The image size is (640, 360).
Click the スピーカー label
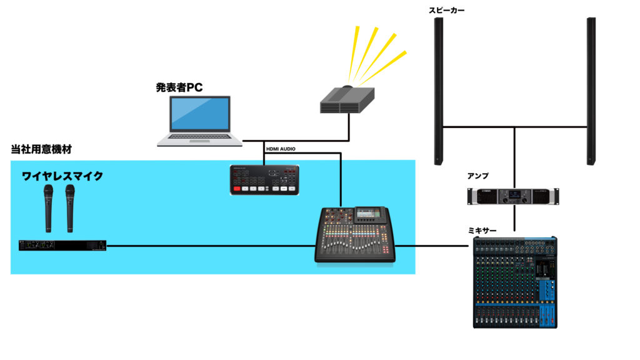[x=447, y=10]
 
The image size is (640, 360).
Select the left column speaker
[x=439, y=91]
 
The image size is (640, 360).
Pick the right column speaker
[x=590, y=91]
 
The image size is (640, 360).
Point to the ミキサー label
[x=482, y=231]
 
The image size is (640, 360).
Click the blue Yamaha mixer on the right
[x=515, y=282]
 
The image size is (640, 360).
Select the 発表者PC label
[x=179, y=87]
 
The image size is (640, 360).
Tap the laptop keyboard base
[x=199, y=141]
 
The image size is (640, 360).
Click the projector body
[x=347, y=101]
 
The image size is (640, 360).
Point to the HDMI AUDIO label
[x=281, y=149]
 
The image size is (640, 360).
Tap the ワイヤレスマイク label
[x=62, y=176]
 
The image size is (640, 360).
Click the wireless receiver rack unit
[x=62, y=246]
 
